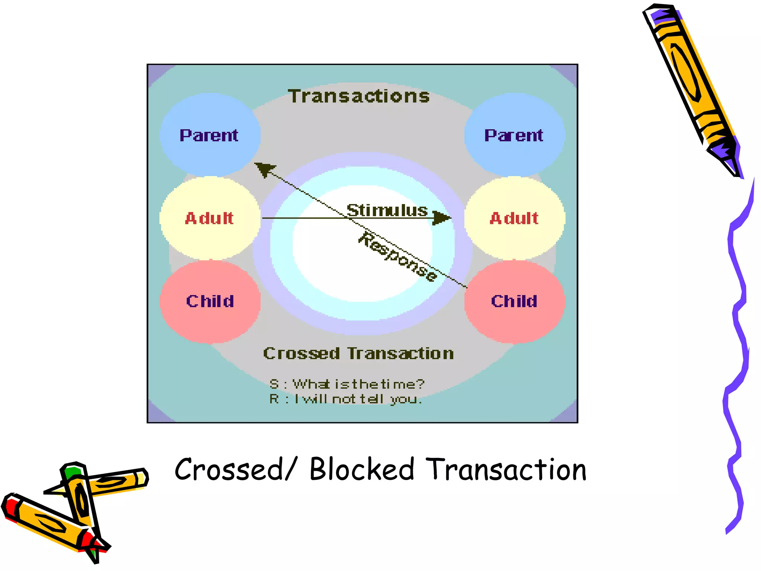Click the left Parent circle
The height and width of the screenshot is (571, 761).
click(x=210, y=135)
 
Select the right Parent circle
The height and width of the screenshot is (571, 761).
click(x=515, y=135)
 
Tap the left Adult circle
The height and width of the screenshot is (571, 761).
click(x=210, y=218)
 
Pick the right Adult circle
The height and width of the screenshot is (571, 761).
click(x=515, y=218)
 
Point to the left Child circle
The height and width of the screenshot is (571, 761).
click(x=210, y=301)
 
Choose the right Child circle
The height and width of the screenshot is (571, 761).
click(x=515, y=301)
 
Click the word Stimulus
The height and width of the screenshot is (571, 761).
click(x=387, y=210)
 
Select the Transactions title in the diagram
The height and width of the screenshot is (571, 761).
click(x=359, y=96)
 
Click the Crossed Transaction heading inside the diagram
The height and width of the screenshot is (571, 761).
click(x=359, y=353)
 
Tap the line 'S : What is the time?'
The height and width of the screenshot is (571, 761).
click(x=347, y=384)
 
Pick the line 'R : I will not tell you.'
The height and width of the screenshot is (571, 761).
click(x=346, y=399)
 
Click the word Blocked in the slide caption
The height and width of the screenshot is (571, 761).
click(x=362, y=470)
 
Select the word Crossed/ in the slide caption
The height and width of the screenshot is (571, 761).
click(x=236, y=470)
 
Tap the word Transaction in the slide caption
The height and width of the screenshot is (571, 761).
click(x=506, y=470)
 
